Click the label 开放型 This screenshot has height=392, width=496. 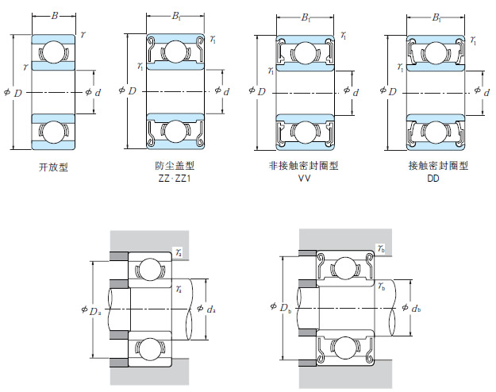[x=53, y=167]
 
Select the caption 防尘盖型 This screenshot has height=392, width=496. [x=175, y=167]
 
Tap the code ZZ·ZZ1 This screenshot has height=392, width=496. [x=175, y=179]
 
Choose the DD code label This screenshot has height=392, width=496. [x=433, y=179]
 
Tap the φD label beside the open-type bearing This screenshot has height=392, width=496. [x=13, y=92]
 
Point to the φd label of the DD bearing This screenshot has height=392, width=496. [x=482, y=92]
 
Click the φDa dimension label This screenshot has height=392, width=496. [x=90, y=309]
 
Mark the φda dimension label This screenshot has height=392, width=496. [x=206, y=309]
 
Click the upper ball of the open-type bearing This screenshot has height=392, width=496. [x=53, y=53]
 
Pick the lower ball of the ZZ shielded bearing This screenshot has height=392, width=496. [x=175, y=130]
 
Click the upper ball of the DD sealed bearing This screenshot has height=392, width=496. [x=434, y=53]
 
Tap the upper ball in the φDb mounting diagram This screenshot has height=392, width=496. [x=345, y=269]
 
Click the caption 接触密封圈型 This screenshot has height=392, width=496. [x=433, y=167]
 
